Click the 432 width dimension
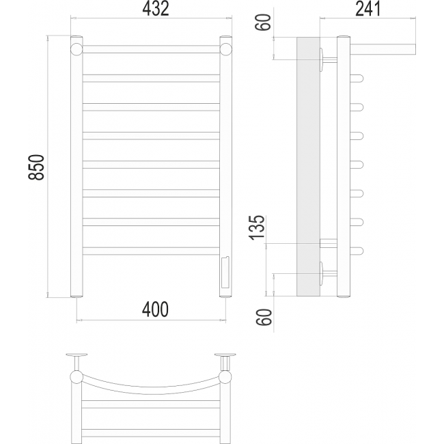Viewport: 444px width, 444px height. (156, 9)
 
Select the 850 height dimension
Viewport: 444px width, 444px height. (36, 167)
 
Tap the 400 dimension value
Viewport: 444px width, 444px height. (155, 309)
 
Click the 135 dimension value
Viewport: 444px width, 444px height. (257, 227)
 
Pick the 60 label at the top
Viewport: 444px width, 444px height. (264, 23)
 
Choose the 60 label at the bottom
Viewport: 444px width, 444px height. (264, 317)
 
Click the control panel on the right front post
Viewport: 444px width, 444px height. (225, 272)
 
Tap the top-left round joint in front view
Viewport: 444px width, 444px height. (77, 49)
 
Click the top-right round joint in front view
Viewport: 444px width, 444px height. (225, 49)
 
